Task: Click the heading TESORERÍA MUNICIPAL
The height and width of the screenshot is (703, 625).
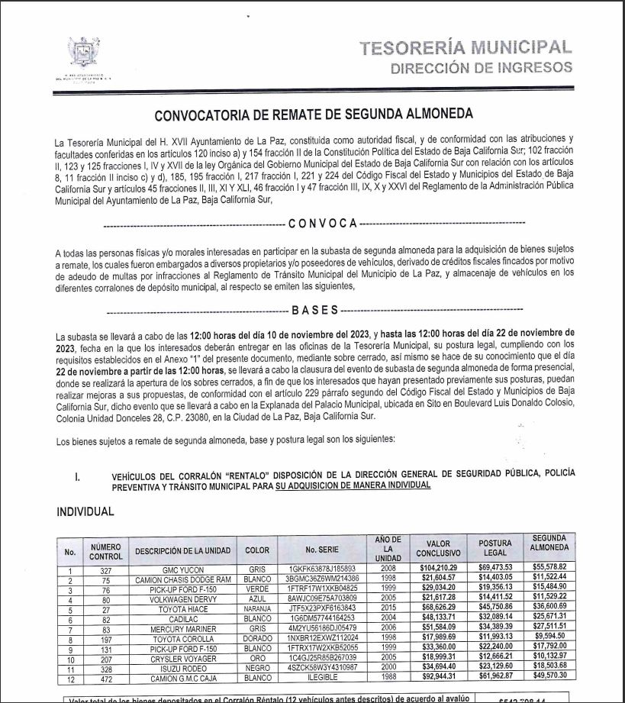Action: (x=466, y=48)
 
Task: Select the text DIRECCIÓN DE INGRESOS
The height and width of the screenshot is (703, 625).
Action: (x=481, y=68)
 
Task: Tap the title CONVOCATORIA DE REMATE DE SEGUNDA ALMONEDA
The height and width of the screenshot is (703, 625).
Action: (x=313, y=115)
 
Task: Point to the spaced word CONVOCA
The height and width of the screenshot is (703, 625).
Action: (x=322, y=223)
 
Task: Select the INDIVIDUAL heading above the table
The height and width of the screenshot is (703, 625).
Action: (x=85, y=511)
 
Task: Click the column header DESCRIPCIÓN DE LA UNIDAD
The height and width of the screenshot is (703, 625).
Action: (x=182, y=550)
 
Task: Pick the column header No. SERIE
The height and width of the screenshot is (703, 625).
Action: (x=322, y=550)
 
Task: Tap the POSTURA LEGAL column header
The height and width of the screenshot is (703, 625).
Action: (x=495, y=550)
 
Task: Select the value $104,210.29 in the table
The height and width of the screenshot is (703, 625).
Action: (x=438, y=569)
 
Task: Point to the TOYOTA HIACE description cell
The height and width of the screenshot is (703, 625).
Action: (x=182, y=608)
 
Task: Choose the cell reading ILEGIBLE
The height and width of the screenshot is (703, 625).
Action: (x=322, y=676)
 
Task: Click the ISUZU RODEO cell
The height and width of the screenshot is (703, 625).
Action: (x=182, y=666)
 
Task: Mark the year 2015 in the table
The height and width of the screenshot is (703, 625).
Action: (x=388, y=608)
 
